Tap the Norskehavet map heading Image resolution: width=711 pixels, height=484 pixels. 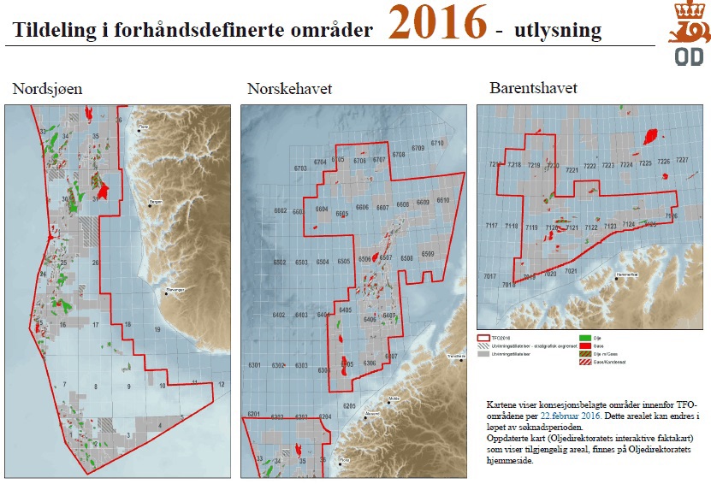pyautogui.click(x=290, y=88)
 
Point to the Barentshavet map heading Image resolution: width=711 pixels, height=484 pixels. pyautogui.click(x=534, y=88)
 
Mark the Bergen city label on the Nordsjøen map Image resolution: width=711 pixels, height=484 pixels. pyautogui.click(x=156, y=201)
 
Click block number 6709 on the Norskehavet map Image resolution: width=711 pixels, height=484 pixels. pyautogui.click(x=418, y=149)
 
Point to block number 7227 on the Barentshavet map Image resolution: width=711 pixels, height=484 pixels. pyautogui.click(x=682, y=161)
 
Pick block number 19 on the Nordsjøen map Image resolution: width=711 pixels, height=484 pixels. pyautogui.click(x=157, y=329)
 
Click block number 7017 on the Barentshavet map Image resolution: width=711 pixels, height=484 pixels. pyautogui.click(x=489, y=277)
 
